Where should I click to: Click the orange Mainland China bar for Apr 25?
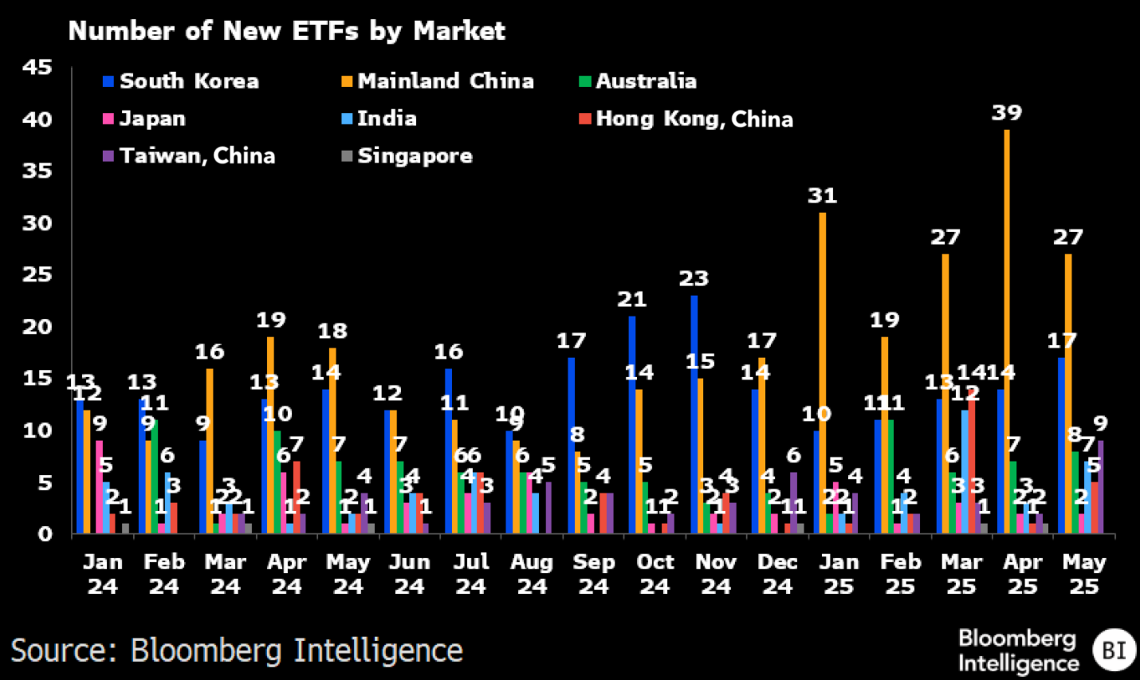click(x=1006, y=330)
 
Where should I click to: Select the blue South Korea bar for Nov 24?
click(x=694, y=412)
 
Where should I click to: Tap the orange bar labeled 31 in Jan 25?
click(x=823, y=371)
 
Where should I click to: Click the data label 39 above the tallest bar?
click(x=1007, y=113)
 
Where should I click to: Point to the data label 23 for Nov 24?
click(x=694, y=278)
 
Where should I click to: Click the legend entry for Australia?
click(x=646, y=81)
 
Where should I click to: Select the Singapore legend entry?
click(x=415, y=156)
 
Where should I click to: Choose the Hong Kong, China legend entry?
click(x=694, y=119)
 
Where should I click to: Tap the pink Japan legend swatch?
click(x=108, y=119)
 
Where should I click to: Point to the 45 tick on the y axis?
click(x=38, y=67)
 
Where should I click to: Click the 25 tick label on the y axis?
click(x=38, y=275)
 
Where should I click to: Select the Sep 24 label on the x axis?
click(x=593, y=574)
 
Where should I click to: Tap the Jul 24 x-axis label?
click(x=471, y=574)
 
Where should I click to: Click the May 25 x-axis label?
click(x=1084, y=574)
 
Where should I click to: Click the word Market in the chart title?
click(x=459, y=31)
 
